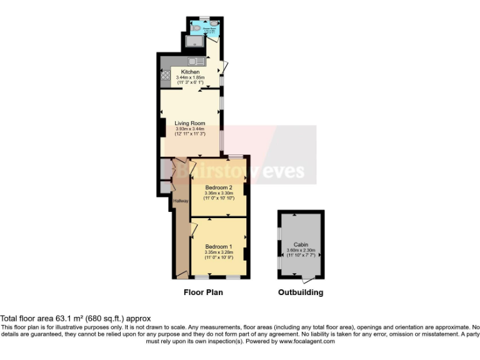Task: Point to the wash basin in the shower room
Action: coord(214,23)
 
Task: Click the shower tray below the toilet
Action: coord(194,42)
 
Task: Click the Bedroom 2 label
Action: coord(219,187)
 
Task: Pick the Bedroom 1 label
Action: coord(219,246)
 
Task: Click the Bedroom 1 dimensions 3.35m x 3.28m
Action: coord(219,252)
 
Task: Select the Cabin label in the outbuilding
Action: coord(301,245)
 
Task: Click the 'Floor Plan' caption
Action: coord(203,292)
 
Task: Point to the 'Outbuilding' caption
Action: coord(301,292)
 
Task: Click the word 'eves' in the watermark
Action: coord(282,171)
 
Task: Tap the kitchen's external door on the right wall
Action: coord(225,66)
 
